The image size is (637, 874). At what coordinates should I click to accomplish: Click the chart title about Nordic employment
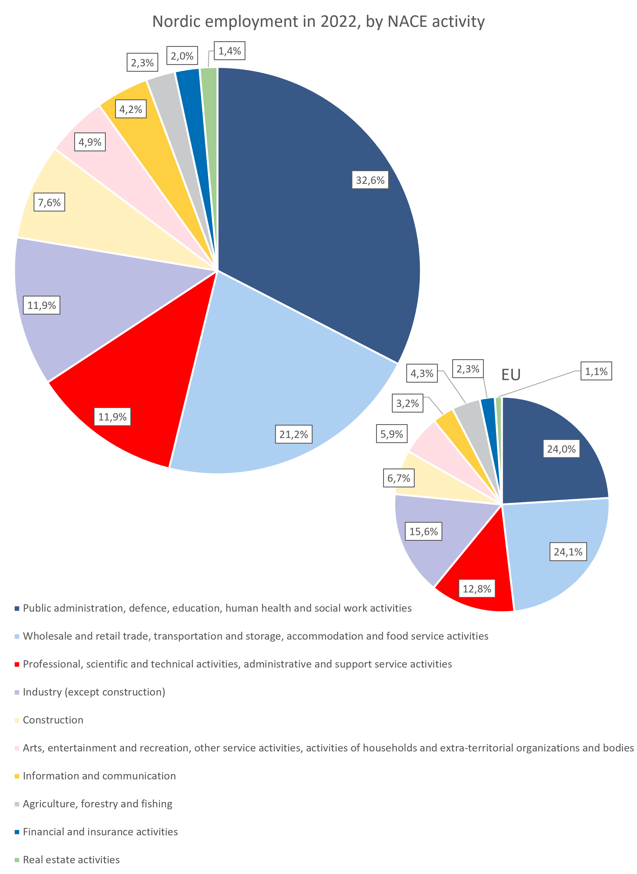pos(318,22)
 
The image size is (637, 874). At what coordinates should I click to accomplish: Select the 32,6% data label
pos(370,180)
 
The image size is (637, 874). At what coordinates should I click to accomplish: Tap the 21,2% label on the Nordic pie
pos(293,435)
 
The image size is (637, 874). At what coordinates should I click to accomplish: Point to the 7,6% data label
pos(49,202)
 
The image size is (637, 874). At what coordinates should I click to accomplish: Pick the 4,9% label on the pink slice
pos(90,142)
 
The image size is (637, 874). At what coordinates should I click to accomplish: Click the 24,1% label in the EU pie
pos(568,552)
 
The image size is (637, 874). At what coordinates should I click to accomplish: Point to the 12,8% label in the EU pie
pos(477,589)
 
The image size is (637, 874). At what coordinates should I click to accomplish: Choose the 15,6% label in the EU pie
pos(423,531)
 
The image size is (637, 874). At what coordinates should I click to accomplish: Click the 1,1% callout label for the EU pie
pos(596,371)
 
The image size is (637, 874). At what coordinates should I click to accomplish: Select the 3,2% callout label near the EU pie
pos(408,403)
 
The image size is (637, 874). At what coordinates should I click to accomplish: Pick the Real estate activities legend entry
pos(71,860)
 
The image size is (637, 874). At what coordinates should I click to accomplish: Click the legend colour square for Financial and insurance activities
pos(17,832)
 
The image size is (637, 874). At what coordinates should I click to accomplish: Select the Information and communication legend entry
pos(99,776)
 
